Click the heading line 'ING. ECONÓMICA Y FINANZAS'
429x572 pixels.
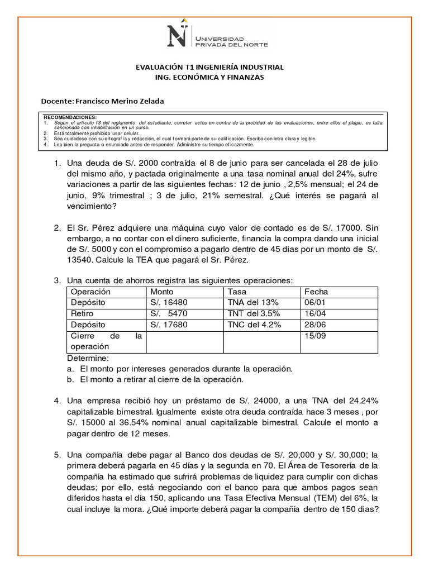[210, 78]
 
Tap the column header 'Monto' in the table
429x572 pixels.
[162, 292]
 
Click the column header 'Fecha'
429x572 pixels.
[316, 292]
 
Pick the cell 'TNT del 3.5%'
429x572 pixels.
[254, 313]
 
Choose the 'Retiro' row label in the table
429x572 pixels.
[82, 313]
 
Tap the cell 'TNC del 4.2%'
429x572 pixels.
[254, 325]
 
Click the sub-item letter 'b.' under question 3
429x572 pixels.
[70, 379]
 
